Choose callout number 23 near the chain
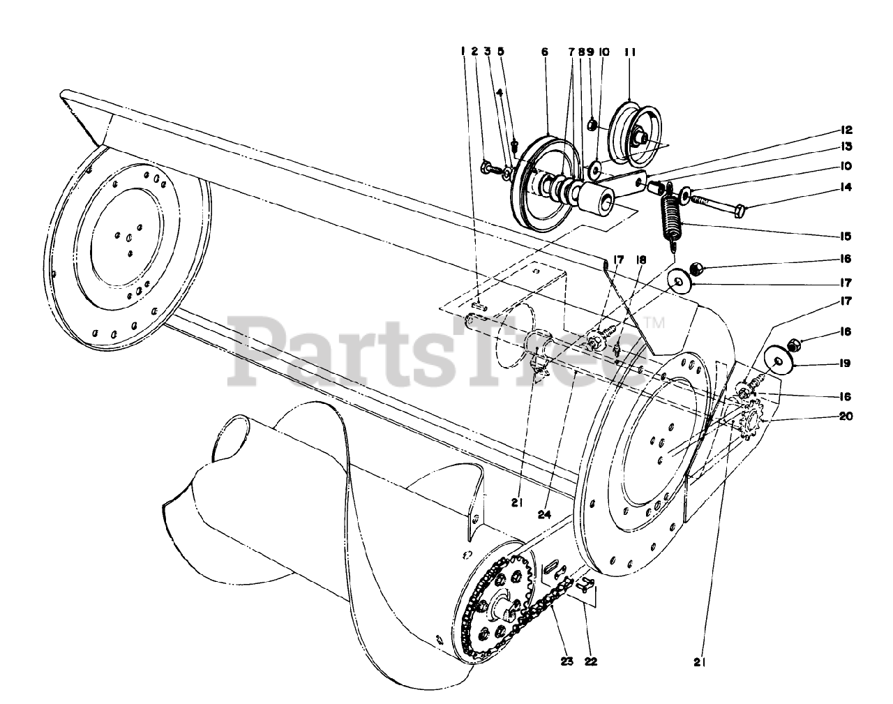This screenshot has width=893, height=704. point(566,661)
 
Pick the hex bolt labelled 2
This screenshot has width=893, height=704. point(489,167)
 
